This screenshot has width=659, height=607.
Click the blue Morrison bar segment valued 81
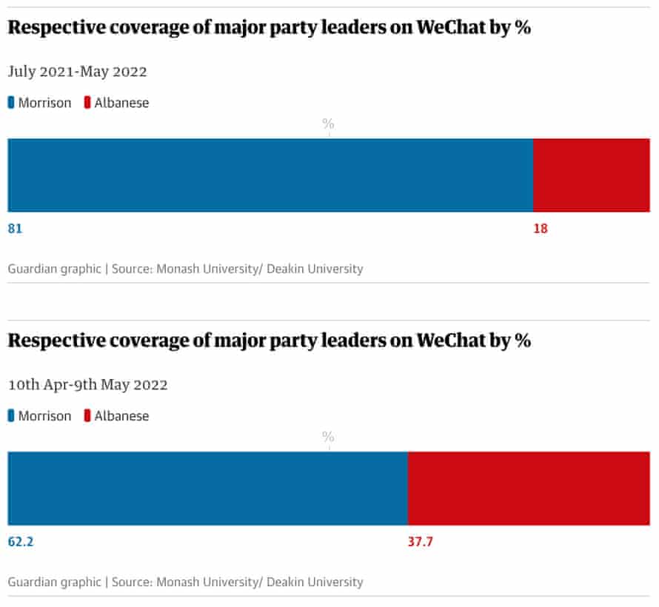click(270, 175)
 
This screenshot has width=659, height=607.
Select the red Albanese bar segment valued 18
click(592, 175)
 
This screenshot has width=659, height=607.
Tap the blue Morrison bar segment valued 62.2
click(207, 489)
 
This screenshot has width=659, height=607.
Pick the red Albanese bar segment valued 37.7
click(529, 489)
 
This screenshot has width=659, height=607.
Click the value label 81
click(15, 229)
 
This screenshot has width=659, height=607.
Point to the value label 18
click(541, 229)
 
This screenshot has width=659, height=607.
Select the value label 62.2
click(21, 542)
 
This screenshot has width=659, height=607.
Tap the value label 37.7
click(420, 542)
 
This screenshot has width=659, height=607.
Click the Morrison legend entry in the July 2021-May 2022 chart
click(40, 103)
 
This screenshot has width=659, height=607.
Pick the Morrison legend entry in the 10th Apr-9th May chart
click(40, 416)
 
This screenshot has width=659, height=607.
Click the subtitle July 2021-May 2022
click(77, 72)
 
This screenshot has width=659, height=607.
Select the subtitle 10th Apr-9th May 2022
click(87, 385)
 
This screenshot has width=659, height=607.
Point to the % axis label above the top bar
click(328, 124)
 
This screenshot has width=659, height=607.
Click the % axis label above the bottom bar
click(328, 437)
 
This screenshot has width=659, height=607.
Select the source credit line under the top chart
click(185, 269)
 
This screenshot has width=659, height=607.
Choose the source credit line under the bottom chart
click(185, 582)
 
